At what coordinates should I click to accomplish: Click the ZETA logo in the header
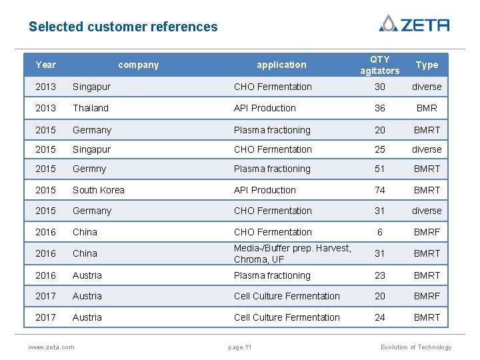[x=414, y=24]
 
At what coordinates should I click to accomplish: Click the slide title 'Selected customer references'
[x=123, y=27]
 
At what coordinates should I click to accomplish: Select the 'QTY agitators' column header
[x=379, y=65]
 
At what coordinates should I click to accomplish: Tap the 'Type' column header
[x=427, y=65]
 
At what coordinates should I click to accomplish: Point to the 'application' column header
[x=281, y=65]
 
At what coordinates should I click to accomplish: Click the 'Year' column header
[x=45, y=65]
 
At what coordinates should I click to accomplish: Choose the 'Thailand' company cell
[x=91, y=108]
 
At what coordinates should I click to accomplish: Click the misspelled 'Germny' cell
[x=89, y=169]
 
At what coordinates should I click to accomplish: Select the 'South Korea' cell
[x=99, y=190]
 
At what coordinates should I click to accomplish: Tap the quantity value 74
[x=379, y=190]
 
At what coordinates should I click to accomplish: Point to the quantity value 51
[x=379, y=169]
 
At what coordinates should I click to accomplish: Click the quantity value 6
[x=379, y=232]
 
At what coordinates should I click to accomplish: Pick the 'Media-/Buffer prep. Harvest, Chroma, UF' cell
[x=292, y=253]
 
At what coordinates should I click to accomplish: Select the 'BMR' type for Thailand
[x=427, y=108]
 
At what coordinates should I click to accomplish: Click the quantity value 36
[x=379, y=108]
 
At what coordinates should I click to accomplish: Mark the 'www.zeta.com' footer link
[x=51, y=347]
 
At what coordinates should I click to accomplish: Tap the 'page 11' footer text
[x=239, y=347]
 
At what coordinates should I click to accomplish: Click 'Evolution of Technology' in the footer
[x=415, y=347]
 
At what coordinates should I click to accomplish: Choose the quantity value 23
[x=379, y=275]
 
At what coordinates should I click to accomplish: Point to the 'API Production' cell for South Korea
[x=265, y=190]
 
